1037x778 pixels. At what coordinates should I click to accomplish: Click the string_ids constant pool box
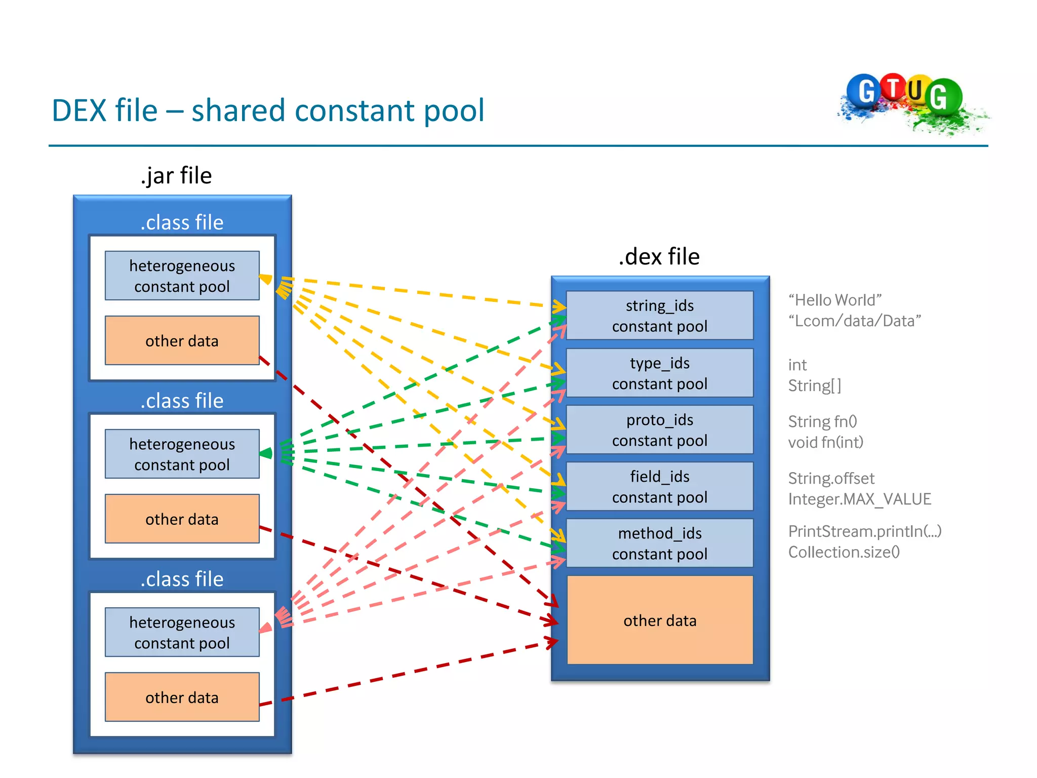[659, 316]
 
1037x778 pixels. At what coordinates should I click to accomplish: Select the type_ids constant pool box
[659, 373]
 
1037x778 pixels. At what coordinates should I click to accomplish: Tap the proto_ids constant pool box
[659, 430]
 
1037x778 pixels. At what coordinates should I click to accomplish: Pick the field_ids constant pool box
[659, 487]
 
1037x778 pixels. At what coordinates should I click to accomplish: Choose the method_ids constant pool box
[659, 543]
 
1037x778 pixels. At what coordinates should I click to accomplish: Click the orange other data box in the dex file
[659, 620]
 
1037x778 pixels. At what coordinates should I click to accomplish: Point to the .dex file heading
[659, 257]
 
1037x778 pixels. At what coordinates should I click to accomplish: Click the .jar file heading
[176, 176]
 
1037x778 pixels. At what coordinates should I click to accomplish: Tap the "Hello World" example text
[835, 300]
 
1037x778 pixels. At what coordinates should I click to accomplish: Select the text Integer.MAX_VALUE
[859, 499]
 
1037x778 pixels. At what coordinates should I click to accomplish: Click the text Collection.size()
[844, 552]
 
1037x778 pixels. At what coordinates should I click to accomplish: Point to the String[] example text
[814, 386]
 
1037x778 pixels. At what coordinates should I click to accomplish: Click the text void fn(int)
[825, 442]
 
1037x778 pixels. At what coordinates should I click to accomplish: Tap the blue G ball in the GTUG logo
[865, 91]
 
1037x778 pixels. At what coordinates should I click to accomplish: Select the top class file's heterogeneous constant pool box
[182, 276]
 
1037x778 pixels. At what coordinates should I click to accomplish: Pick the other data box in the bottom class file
[182, 697]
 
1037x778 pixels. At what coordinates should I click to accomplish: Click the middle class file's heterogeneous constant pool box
[182, 454]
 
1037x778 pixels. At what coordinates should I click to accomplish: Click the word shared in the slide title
[238, 110]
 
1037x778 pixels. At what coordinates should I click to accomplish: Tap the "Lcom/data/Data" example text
[854, 321]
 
